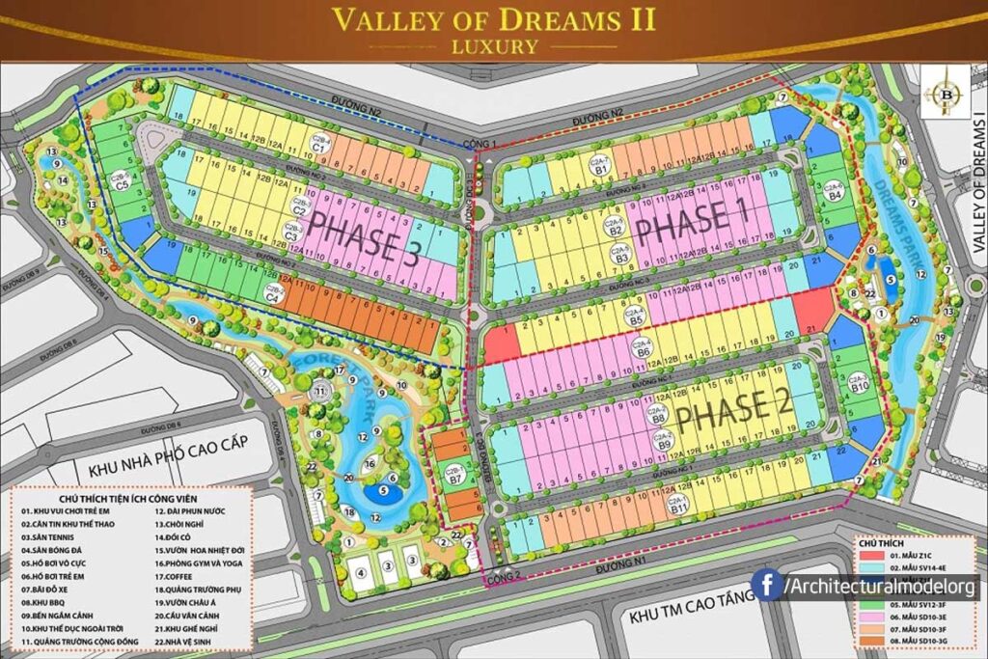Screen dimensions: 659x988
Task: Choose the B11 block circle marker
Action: coord(679,503)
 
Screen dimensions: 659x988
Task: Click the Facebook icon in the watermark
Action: coord(766,585)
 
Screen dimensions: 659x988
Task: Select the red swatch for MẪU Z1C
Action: coord(866,557)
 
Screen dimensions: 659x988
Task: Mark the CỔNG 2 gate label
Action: coord(502,578)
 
